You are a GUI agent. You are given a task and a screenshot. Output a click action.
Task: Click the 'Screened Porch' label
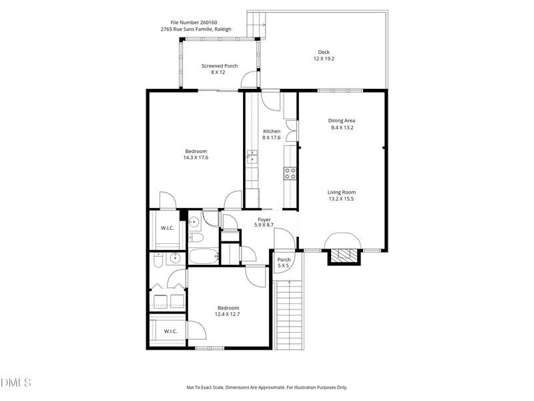click(x=220, y=66)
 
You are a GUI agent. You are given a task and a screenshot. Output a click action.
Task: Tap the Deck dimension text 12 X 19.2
click(x=324, y=59)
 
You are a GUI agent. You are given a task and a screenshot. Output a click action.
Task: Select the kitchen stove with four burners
click(x=290, y=173)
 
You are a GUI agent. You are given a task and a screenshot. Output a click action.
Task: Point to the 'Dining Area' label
click(x=341, y=121)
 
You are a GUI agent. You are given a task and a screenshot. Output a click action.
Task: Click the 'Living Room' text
click(x=341, y=192)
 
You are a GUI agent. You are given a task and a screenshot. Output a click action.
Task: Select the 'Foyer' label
click(x=264, y=219)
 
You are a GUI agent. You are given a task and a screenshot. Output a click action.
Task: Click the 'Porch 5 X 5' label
click(x=284, y=263)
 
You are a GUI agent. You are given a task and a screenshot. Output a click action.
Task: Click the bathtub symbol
click(x=203, y=256)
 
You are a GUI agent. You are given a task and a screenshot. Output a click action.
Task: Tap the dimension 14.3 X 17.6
click(x=196, y=158)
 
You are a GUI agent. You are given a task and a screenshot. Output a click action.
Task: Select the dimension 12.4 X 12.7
click(x=228, y=315)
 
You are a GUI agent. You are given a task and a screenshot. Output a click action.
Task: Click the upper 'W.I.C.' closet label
click(x=167, y=229)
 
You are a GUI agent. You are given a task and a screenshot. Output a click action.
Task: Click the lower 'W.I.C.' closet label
click(x=170, y=331)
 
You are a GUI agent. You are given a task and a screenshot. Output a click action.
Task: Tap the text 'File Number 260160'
click(x=194, y=22)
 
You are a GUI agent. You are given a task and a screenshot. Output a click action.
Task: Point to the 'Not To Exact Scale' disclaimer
click(x=266, y=387)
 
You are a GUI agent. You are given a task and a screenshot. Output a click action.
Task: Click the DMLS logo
click(x=15, y=382)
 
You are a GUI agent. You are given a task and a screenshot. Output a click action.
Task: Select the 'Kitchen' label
click(x=272, y=131)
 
